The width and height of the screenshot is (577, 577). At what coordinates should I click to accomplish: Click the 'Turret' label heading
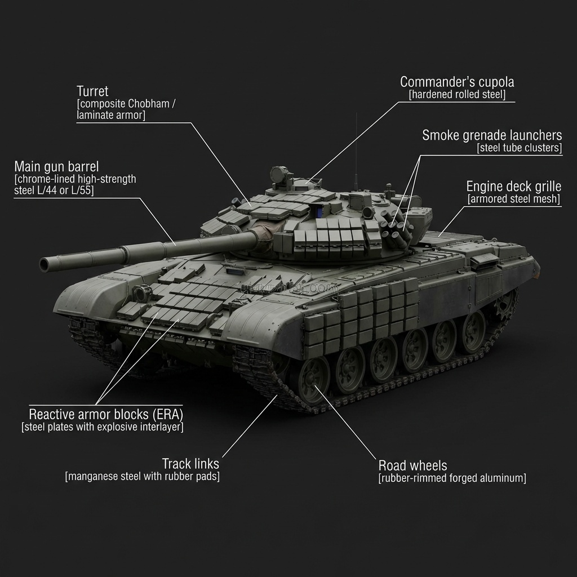[x=92, y=91]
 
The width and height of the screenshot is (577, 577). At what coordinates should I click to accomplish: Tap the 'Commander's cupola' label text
[x=457, y=82]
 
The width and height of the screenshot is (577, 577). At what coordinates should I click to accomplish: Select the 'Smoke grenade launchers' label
[x=492, y=135]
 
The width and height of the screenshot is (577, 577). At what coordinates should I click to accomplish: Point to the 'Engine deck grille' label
[x=513, y=187]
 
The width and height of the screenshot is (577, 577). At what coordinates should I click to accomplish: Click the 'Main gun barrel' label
[x=56, y=167]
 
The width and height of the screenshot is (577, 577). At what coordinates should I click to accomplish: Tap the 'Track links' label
[x=190, y=464]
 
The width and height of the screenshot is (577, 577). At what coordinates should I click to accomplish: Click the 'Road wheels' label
[x=412, y=465]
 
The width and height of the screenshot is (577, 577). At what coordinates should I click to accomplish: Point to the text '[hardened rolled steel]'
[x=457, y=95]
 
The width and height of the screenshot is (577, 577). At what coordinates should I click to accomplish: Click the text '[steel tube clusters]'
[x=519, y=148]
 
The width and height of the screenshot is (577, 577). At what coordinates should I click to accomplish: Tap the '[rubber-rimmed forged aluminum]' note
[x=452, y=478]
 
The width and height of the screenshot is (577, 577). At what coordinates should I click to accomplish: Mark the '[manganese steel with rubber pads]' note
[x=143, y=477]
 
